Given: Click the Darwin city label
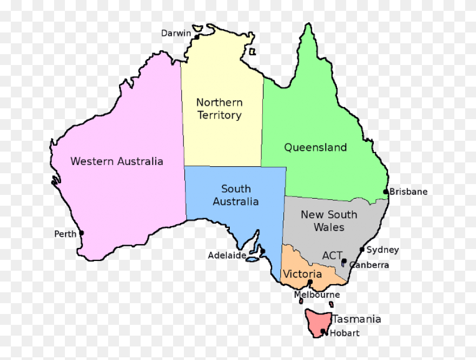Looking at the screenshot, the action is tap(176, 33).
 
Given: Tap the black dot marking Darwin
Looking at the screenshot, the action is tap(197, 37).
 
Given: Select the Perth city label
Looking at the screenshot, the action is tap(65, 234).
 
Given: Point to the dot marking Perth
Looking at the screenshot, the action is tap(82, 233).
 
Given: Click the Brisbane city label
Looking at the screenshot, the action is tap(408, 192).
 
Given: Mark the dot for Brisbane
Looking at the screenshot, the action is tap(386, 192).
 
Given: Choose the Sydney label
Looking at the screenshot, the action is tap(382, 250).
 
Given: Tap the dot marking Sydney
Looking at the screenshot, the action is tap(362, 250).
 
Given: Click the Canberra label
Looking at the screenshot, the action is tap(369, 265).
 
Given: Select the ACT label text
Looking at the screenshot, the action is tap(332, 255).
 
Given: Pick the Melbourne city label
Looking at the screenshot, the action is tap(317, 295).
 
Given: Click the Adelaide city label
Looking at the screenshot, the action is tap(227, 255).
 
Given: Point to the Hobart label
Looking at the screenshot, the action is tap(345, 333).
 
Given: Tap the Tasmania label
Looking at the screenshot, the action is tap(356, 319).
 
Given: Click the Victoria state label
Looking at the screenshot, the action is tap(302, 274).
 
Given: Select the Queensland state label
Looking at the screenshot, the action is tap(315, 147).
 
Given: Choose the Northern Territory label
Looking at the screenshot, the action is tap(219, 109).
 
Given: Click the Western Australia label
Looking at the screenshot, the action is tap(117, 161).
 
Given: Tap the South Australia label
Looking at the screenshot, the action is tap(235, 195).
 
